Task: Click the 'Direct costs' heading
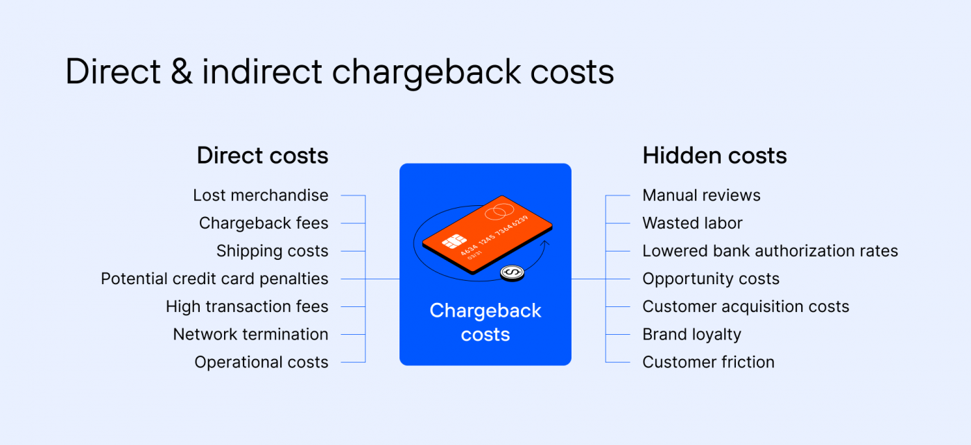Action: (x=262, y=156)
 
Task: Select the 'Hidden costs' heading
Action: (x=714, y=156)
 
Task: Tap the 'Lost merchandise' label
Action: (x=261, y=195)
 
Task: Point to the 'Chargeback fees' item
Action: (x=264, y=223)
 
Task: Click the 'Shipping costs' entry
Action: (x=272, y=251)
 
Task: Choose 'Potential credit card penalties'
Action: (x=214, y=279)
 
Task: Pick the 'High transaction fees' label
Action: (x=247, y=306)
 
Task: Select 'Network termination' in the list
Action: (x=250, y=334)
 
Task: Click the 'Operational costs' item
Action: (x=261, y=362)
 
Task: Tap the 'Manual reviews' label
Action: (x=701, y=195)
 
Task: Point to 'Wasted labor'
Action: (x=692, y=223)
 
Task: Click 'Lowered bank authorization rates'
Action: (x=770, y=251)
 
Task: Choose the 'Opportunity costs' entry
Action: (x=711, y=279)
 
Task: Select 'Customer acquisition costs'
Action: (x=746, y=306)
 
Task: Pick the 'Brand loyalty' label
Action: (x=691, y=334)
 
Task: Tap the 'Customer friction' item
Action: (x=708, y=362)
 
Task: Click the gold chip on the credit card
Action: (x=454, y=242)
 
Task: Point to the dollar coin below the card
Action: (x=512, y=274)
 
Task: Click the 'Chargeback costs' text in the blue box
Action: (x=486, y=322)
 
